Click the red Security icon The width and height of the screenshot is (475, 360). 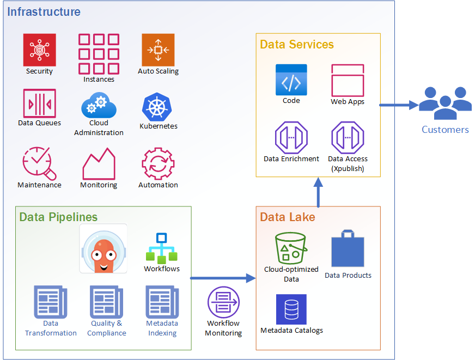[x=39, y=50]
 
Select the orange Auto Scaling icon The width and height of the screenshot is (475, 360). [x=158, y=50]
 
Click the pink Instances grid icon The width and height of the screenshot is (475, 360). [x=99, y=54]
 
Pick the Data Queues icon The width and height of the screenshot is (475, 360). [x=39, y=103]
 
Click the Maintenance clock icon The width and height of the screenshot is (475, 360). [x=39, y=163]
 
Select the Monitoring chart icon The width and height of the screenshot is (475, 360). [x=99, y=164]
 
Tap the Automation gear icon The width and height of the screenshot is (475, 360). [x=158, y=163]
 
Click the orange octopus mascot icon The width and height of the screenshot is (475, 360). [x=103, y=248]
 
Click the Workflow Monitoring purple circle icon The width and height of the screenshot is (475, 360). [x=223, y=302]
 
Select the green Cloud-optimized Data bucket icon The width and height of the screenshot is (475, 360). [x=291, y=248]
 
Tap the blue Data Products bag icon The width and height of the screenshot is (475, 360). [x=348, y=248]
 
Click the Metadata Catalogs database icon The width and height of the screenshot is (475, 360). [x=291, y=309]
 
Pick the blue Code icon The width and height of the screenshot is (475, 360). [x=291, y=80]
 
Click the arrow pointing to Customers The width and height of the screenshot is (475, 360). [x=398, y=105]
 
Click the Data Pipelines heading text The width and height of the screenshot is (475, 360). [x=58, y=217]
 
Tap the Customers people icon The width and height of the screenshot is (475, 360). [x=445, y=103]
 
